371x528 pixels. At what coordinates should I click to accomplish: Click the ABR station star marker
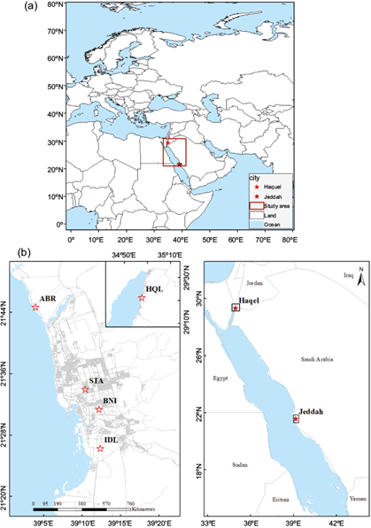(x=35, y=307)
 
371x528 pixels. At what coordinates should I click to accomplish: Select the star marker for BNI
(x=99, y=409)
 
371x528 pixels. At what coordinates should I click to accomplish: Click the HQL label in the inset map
(x=154, y=289)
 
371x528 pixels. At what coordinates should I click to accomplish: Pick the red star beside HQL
(x=140, y=299)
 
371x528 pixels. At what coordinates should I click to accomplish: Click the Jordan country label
(x=255, y=283)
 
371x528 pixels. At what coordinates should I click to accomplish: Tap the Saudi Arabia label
(x=314, y=360)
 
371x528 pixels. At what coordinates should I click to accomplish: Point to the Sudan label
(x=239, y=464)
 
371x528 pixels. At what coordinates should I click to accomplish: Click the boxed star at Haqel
(x=235, y=308)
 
